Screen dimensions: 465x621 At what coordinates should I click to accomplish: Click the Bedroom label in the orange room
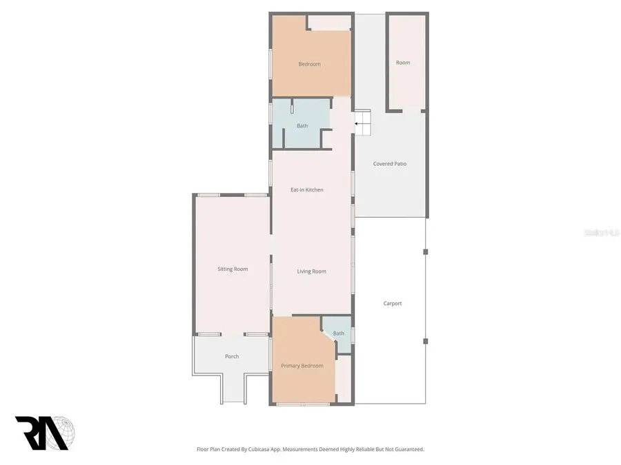click(x=309, y=65)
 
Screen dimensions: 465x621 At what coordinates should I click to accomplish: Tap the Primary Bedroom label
click(x=302, y=366)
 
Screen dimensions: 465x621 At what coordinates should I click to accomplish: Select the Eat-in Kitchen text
click(x=306, y=190)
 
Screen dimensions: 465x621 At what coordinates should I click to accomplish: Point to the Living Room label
click(x=311, y=271)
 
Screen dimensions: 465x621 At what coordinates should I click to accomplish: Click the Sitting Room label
click(x=233, y=269)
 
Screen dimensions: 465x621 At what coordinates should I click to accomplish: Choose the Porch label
click(x=232, y=356)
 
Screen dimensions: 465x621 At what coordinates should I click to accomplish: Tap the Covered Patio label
click(x=390, y=164)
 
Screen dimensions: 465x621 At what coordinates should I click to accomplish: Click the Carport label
click(x=392, y=304)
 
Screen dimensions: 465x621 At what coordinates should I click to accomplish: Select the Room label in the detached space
click(x=403, y=63)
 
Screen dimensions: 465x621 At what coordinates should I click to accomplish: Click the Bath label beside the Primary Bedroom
click(x=338, y=333)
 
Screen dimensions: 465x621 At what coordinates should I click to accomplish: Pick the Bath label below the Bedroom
click(x=302, y=125)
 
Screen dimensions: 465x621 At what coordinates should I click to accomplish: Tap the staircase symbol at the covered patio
click(x=363, y=123)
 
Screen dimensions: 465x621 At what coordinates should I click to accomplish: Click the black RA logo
click(x=40, y=433)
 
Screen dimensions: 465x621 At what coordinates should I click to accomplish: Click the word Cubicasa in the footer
click(x=257, y=449)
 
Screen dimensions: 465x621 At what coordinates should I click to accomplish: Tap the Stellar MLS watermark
click(x=602, y=233)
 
